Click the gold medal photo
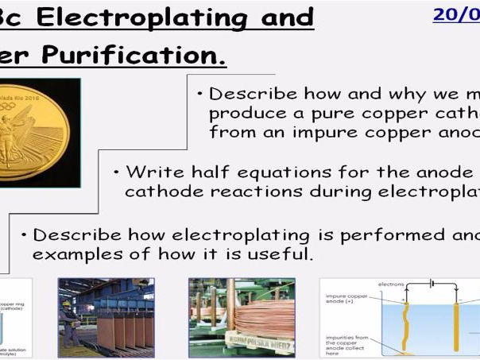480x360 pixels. [x=41, y=131]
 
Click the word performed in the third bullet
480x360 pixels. [x=384, y=234]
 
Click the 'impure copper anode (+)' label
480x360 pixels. [x=346, y=299]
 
